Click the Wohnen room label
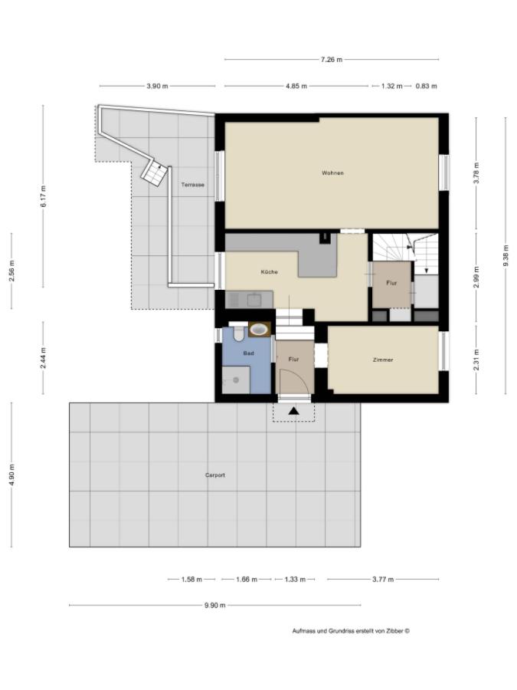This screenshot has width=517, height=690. tap(332, 173)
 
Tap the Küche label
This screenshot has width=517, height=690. tap(269, 272)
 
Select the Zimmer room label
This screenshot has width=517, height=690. tap(383, 360)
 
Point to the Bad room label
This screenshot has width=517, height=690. tap(248, 353)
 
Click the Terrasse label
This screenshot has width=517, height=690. tap(192, 185)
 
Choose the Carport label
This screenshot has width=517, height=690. tap(214, 475)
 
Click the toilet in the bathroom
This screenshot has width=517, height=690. tap(238, 333)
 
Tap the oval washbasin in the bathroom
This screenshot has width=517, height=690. tap(260, 330)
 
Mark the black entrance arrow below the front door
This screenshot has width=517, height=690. tap(293, 412)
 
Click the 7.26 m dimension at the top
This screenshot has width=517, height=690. tap(331, 60)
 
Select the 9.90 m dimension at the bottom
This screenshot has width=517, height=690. tap(214, 606)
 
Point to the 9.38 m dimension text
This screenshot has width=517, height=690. tap(505, 255)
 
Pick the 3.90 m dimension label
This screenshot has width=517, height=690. tap(157, 87)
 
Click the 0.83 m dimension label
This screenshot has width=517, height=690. tap(426, 87)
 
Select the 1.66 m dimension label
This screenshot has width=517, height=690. tap(246, 580)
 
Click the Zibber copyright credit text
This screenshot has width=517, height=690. tap(351, 632)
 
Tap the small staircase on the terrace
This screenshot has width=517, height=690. tap(154, 173)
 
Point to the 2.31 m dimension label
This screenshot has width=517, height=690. tap(476, 360)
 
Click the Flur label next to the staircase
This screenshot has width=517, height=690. tap(391, 284)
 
